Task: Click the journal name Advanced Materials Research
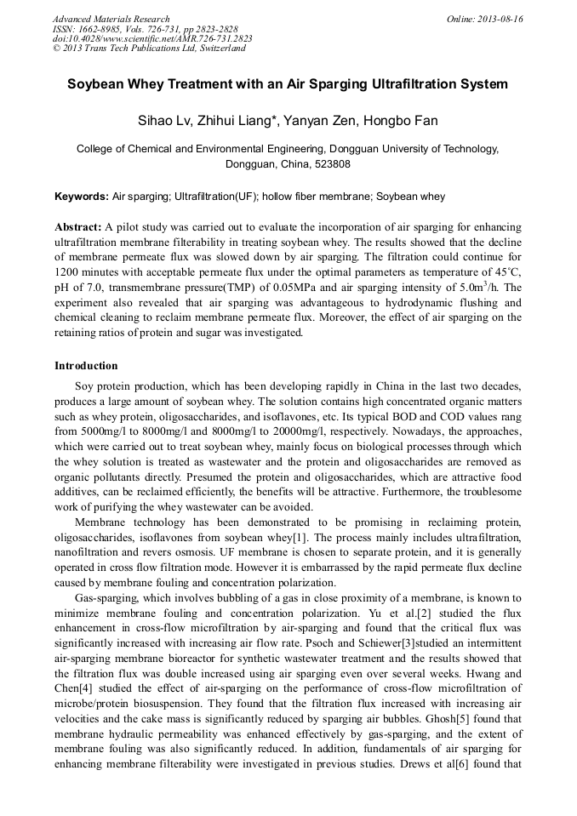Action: tap(111, 19)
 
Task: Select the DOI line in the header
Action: tap(151, 39)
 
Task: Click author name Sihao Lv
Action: tap(164, 121)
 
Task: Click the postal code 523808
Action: tap(331, 163)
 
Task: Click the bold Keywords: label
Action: tap(83, 197)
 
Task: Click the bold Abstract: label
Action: tap(78, 228)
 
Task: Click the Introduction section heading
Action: tap(86, 366)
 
